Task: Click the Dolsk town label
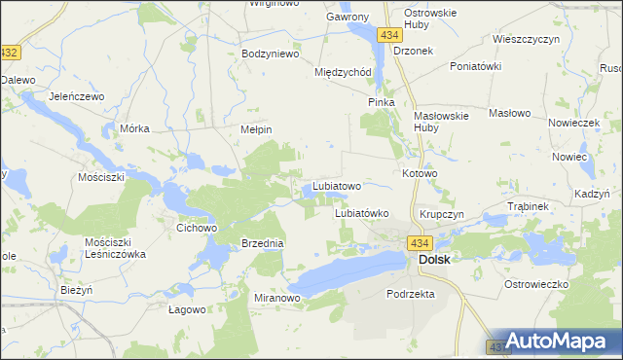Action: [x=433, y=261]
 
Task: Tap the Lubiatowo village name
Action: [x=337, y=186]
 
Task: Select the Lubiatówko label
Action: [x=362, y=213]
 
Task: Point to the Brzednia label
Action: [x=262, y=243]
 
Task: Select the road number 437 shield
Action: [x=495, y=345]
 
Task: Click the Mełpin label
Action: [x=255, y=128]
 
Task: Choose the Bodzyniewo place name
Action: [x=270, y=54]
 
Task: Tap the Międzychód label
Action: [x=344, y=72]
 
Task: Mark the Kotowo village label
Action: [x=420, y=173]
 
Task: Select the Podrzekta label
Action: [x=410, y=293]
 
